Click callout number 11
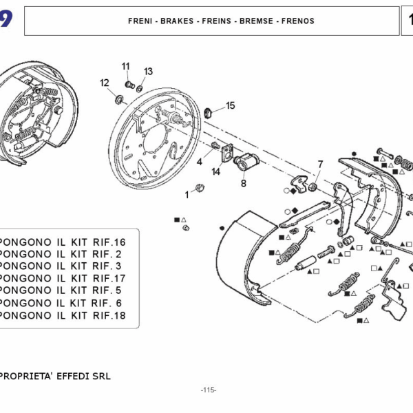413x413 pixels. pyautogui.click(x=126, y=66)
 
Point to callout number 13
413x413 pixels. pyautogui.click(x=149, y=71)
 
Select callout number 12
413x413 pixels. pyautogui.click(x=105, y=83)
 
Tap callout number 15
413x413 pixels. pyautogui.click(x=231, y=105)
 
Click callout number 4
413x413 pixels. pyautogui.click(x=200, y=162)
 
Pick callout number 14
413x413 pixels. pyautogui.click(x=216, y=171)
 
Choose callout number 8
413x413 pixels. pyautogui.click(x=243, y=184)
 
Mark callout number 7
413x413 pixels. pyautogui.click(x=319, y=164)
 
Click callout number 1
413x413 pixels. pyautogui.click(x=186, y=195)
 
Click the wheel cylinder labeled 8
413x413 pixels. pyautogui.click(x=244, y=164)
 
